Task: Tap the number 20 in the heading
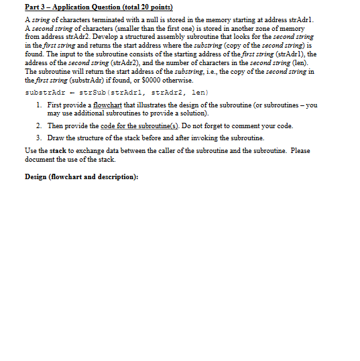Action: pos(146,7)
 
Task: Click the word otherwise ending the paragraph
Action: pos(206,79)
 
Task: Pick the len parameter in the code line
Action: pos(200,91)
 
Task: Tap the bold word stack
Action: pos(59,151)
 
